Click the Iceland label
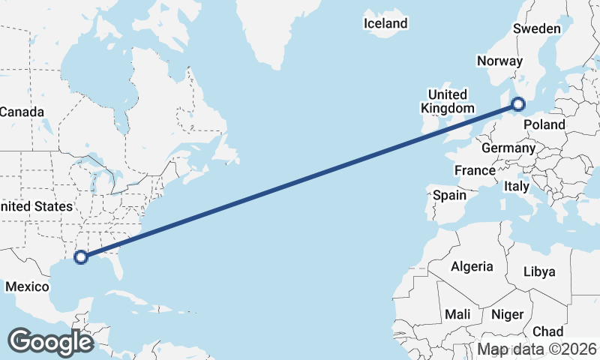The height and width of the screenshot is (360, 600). (x=385, y=23)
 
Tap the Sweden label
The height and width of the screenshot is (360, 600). (x=537, y=29)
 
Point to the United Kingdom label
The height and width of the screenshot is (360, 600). (x=447, y=101)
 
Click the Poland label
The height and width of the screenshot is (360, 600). (x=544, y=124)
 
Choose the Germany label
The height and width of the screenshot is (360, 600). (x=508, y=148)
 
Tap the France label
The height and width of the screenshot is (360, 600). (x=475, y=171)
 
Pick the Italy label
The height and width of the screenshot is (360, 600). (x=516, y=186)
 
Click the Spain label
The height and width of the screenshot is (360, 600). (x=450, y=196)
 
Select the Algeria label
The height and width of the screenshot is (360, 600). (x=472, y=266)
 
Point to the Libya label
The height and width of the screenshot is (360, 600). (x=539, y=271)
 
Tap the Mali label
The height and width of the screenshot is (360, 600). (x=457, y=314)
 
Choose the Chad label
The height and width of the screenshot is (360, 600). (x=547, y=331)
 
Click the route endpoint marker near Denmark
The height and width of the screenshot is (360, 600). (x=518, y=104)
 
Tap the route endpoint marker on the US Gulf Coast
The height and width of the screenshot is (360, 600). (x=82, y=257)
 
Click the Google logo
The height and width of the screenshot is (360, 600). (x=50, y=341)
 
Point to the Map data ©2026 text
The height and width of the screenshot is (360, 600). (x=537, y=349)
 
